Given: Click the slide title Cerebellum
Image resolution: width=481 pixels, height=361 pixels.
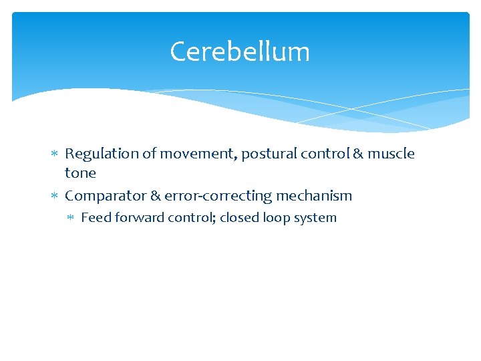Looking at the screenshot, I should point(240,51).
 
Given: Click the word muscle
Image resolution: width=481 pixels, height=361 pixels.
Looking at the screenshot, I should point(391,154).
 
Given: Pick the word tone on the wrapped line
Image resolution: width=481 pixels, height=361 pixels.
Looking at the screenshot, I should point(80,173).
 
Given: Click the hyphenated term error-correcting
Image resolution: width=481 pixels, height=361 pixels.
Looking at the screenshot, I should point(218,196).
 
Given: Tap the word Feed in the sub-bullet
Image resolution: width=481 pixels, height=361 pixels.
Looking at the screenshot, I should point(94,218).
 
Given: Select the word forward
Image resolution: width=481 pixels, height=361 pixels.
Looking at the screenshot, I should point(133,218).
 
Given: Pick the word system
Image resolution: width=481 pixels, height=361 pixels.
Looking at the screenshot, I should point(315,218).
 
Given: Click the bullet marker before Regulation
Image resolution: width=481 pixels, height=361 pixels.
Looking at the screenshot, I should point(55,154).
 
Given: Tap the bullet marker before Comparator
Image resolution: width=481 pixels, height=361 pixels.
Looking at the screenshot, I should point(55,196).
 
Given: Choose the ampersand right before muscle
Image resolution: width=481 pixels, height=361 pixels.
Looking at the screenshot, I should point(358,154).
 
